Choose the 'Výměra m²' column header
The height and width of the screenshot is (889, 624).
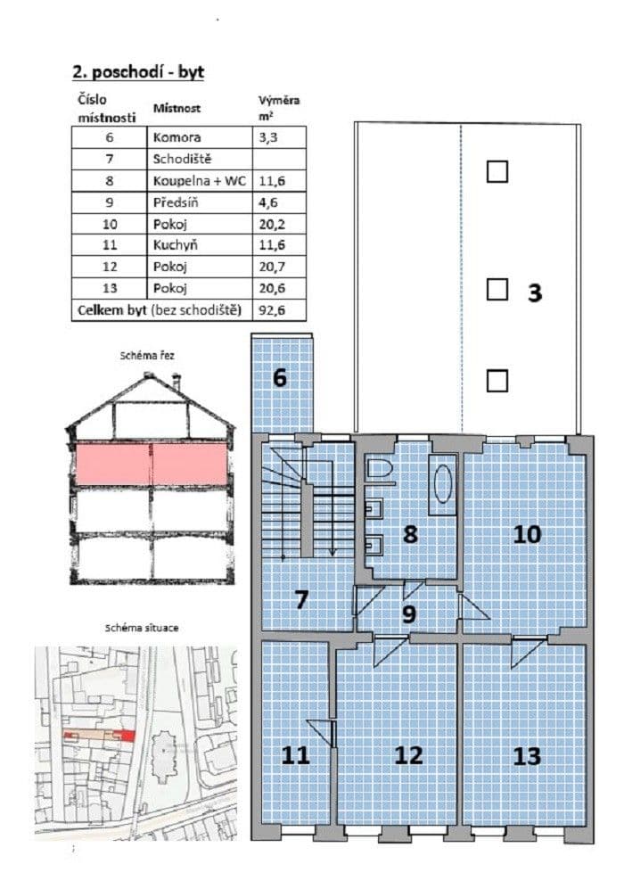tap(273, 107)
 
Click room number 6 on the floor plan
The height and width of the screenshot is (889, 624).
tap(280, 377)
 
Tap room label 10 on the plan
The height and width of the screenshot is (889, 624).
tap(527, 534)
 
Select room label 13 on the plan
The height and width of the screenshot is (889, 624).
tap(527, 756)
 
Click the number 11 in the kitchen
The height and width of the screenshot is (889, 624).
tap(295, 756)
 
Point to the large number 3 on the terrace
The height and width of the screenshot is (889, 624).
tap(535, 293)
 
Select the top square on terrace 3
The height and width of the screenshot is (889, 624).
tap(497, 170)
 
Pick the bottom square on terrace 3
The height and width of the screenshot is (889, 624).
tap(497, 381)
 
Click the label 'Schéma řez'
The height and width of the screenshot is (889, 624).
tap(147, 355)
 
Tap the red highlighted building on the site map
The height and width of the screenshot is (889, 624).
tap(124, 735)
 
